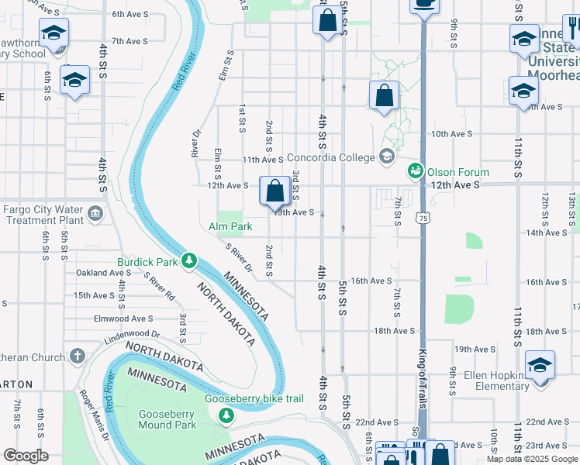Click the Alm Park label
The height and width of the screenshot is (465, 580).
point(231,227)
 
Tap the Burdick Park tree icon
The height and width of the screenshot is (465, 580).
point(188,262)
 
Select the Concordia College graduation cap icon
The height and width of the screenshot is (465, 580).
point(386,157)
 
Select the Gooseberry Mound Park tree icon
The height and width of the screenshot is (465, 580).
point(226,417)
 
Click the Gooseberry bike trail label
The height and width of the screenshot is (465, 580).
point(243,399)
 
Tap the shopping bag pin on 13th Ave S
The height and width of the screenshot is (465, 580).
point(275,190)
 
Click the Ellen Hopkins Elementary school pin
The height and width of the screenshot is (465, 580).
point(540,365)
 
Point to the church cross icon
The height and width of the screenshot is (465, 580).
point(76,356)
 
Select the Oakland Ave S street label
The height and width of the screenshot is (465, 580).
point(104,273)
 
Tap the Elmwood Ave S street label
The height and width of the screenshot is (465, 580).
point(123,319)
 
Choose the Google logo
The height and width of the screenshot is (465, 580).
point(26,456)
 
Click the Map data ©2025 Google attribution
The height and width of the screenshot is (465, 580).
point(532,459)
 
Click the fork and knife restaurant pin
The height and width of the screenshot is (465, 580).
point(573,29)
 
